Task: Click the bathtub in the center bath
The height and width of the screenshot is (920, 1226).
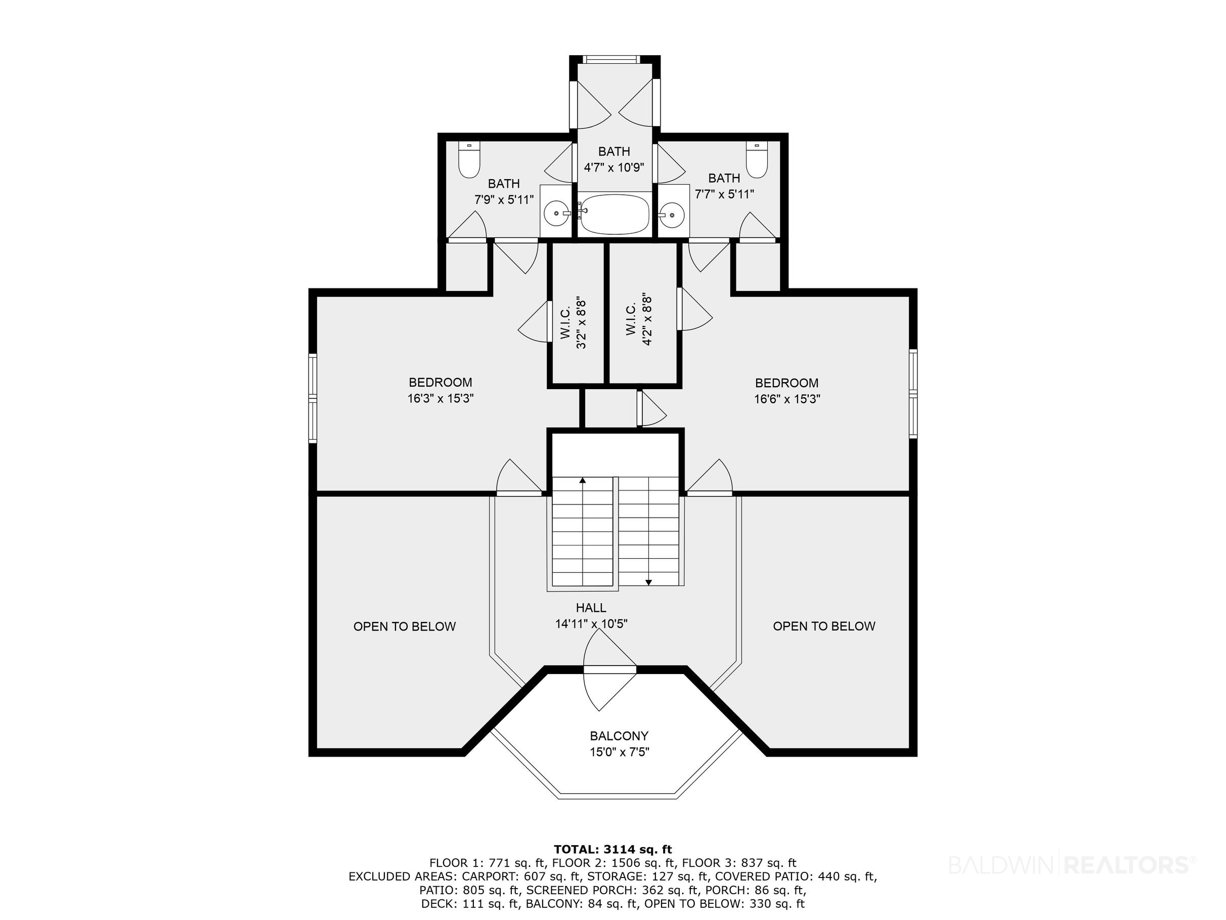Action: [x=614, y=214]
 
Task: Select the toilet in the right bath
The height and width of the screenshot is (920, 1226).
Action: [x=756, y=160]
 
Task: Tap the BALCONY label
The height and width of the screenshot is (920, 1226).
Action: [x=619, y=736]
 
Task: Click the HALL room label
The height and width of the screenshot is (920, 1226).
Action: [x=591, y=608]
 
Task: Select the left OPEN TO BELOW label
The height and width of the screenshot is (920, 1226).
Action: [x=405, y=626]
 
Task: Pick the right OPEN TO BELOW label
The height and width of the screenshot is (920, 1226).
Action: [x=824, y=625]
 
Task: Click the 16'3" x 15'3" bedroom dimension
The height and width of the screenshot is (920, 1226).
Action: [x=441, y=398]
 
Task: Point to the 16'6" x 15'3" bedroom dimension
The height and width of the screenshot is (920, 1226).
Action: [x=787, y=399]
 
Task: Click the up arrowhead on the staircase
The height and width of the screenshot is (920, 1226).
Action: [x=583, y=480]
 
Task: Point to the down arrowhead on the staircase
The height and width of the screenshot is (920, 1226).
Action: [x=648, y=582]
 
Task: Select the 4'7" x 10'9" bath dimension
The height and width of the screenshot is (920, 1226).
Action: [x=614, y=167]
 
